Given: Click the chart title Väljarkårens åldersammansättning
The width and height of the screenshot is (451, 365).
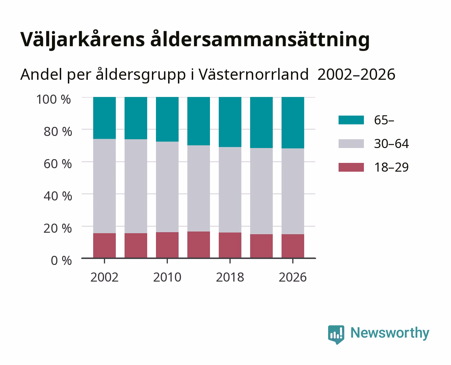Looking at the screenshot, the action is (x=195, y=40).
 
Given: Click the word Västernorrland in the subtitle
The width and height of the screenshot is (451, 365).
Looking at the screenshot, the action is (x=254, y=75).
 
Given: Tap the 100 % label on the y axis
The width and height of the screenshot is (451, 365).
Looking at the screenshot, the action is (x=54, y=99).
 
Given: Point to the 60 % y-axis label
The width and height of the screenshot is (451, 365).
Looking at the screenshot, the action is (x=58, y=164).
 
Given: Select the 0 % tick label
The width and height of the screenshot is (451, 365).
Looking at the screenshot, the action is (x=61, y=261).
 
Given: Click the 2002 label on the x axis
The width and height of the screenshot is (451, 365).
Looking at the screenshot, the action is (x=104, y=277).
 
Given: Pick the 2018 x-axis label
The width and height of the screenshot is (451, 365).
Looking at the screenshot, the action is (x=230, y=277).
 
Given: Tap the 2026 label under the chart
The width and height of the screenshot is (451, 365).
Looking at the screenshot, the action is (x=293, y=277).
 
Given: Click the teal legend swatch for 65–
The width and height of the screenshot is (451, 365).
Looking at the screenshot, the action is (x=351, y=120).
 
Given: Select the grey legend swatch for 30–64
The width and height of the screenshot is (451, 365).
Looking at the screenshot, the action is (x=351, y=144).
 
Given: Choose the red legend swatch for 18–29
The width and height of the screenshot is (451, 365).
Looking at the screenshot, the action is (x=351, y=167).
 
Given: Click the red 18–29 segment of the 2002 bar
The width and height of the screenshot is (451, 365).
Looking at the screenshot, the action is (x=104, y=245).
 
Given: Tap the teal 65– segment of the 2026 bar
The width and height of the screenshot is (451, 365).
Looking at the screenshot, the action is (x=293, y=123).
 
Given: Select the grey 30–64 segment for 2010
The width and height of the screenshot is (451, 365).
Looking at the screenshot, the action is (x=167, y=187).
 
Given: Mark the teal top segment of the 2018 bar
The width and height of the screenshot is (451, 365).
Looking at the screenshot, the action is (x=230, y=122).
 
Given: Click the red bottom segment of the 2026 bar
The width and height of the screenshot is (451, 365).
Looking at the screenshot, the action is (x=293, y=246).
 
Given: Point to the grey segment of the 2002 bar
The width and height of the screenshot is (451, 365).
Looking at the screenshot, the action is (x=104, y=186).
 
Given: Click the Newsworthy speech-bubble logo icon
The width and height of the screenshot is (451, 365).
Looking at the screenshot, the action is (x=336, y=335).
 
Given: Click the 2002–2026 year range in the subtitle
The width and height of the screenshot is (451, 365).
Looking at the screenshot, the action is (x=356, y=75).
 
